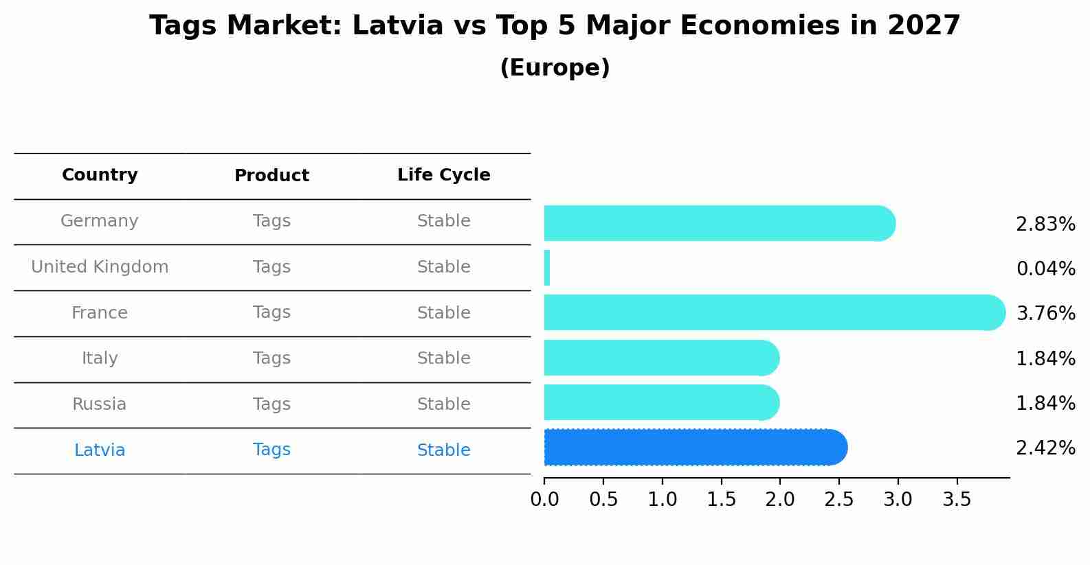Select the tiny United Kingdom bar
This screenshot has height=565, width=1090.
tap(547, 268)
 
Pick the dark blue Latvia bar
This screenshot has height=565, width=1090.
tap(694, 448)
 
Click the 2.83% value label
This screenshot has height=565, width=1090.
tap(1045, 224)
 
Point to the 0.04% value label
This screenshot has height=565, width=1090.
tap(1045, 269)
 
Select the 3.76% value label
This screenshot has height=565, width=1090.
tap(1045, 314)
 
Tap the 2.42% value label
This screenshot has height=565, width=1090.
tap(1045, 448)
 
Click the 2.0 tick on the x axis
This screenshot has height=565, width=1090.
tap(780, 500)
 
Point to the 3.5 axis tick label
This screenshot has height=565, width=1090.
tap(957, 500)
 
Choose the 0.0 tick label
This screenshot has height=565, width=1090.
tap(544, 500)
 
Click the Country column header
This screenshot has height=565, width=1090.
tap(100, 175)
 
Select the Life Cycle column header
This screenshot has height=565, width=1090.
tap(443, 175)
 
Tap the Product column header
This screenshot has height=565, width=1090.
tap(271, 176)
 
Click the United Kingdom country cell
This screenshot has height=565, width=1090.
tap(100, 267)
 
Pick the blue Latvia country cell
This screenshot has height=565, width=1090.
tap(100, 450)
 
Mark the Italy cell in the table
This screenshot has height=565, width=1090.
tap(100, 358)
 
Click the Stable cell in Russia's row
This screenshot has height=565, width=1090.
tap(443, 404)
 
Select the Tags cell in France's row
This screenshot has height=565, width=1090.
tap(271, 312)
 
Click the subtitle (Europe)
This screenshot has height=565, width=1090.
tap(555, 68)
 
